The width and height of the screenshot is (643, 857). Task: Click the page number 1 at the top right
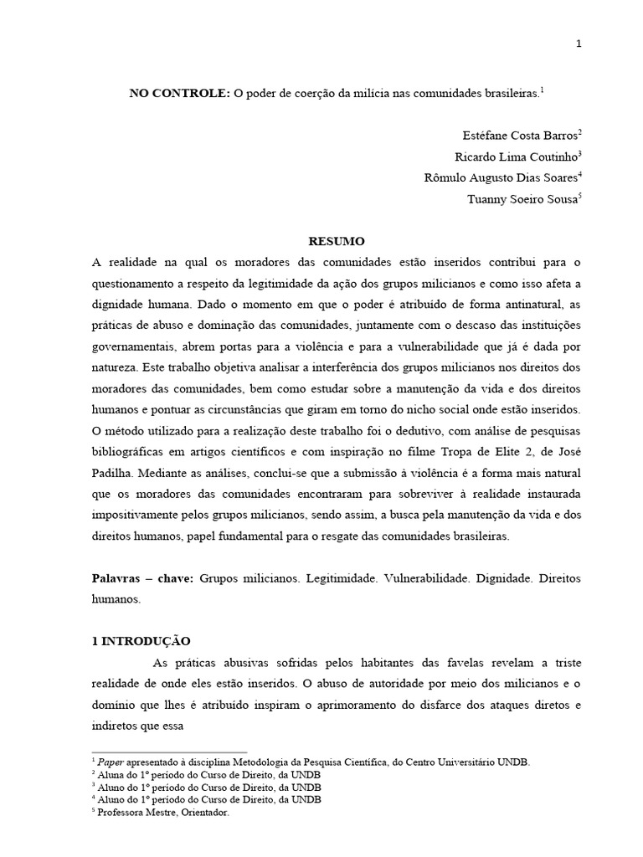pyautogui.click(x=578, y=44)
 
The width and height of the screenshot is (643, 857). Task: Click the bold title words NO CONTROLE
pyautogui.click(x=178, y=95)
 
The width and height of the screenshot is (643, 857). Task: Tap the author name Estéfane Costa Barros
pyautogui.click(x=519, y=136)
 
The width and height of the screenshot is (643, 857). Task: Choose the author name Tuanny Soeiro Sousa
pyautogui.click(x=522, y=199)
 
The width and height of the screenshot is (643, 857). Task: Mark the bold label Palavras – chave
pyautogui.click(x=141, y=578)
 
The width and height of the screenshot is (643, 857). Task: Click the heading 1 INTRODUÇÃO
pyautogui.click(x=141, y=642)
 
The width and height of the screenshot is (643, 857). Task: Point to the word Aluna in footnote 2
pyautogui.click(x=111, y=775)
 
